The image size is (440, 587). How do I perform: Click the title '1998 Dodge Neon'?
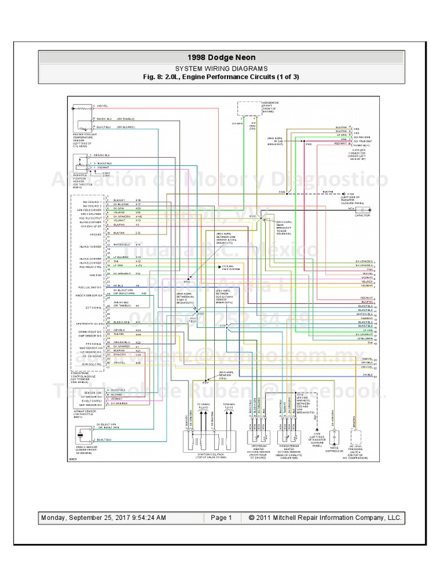coord(221,57)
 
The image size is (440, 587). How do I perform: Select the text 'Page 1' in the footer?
coord(221,518)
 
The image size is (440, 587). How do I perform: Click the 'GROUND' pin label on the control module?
coord(95,234)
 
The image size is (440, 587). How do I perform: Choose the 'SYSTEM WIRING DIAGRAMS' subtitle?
coord(221,68)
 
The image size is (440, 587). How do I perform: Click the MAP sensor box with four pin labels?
coord(80,398)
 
